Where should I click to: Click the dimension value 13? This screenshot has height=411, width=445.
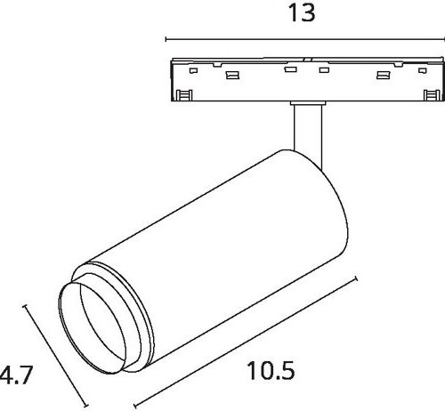tap(302, 13)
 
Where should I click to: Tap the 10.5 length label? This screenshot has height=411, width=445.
tap(271, 371)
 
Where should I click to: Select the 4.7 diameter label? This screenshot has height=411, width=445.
tap(15, 375)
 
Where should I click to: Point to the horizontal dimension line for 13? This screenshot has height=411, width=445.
tap(305, 39)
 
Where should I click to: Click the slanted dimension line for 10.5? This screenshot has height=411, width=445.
tap(245, 342)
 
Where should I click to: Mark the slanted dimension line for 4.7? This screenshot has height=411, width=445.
tap(55, 356)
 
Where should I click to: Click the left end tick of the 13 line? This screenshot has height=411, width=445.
tap(166, 39)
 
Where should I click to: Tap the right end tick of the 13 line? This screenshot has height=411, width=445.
tap(444, 39)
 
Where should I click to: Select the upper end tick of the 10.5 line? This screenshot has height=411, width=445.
tap(356, 278)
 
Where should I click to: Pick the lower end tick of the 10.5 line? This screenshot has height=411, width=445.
tap(135, 406)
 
